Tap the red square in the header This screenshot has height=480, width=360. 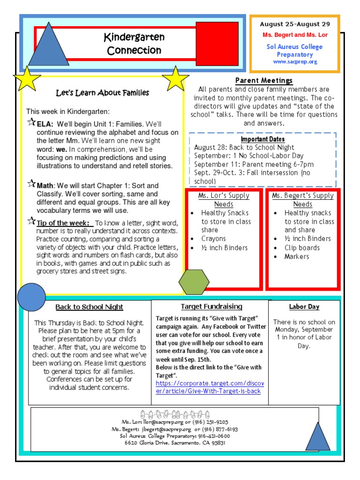[x=217, y=44]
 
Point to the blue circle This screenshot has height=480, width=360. [x=31, y=297]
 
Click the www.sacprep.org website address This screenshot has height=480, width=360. [x=295, y=62]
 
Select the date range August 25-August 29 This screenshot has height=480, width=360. [x=295, y=24]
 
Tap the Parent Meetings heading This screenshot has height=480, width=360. [x=264, y=81]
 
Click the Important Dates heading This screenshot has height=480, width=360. [x=262, y=139]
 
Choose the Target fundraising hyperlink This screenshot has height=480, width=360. [x=208, y=387]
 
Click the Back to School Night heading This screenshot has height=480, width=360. [x=89, y=307]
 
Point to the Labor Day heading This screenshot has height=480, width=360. [x=304, y=307]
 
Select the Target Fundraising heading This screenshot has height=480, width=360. [x=211, y=307]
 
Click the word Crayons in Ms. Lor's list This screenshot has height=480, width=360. [x=214, y=239]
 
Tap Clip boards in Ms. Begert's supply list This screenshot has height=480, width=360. [x=302, y=247]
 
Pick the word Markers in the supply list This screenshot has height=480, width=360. [x=297, y=256]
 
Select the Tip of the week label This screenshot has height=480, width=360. [x=63, y=223]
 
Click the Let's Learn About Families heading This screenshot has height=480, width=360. [x=102, y=93]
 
